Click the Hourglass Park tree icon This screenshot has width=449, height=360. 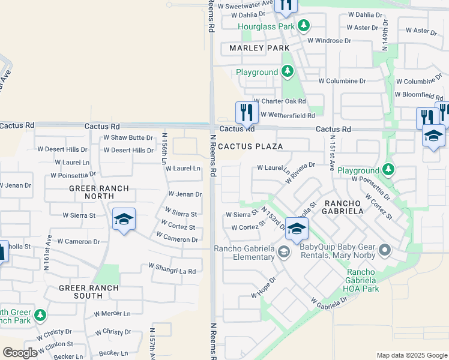coord(304,26)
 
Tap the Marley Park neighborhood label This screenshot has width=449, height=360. coord(259,48)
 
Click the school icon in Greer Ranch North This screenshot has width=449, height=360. coord(124,220)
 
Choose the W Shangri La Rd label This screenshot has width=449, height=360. coord(172,271)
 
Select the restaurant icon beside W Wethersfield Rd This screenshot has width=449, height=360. coord(246,112)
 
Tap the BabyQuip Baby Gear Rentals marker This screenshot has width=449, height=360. coord(385,249)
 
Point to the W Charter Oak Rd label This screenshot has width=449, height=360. coord(280,101)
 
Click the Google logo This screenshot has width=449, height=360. coord(20,353)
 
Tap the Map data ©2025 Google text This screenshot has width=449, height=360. coord(411,355)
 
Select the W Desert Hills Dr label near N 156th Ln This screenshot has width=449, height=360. coord(128,150)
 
